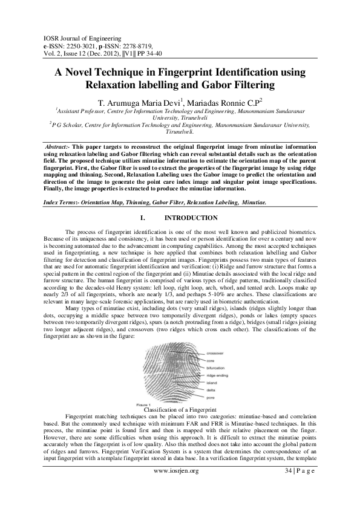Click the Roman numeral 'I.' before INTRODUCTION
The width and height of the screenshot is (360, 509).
click(143, 218)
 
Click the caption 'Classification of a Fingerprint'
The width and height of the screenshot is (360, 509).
click(180, 410)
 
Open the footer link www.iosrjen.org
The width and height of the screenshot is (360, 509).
click(177, 488)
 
